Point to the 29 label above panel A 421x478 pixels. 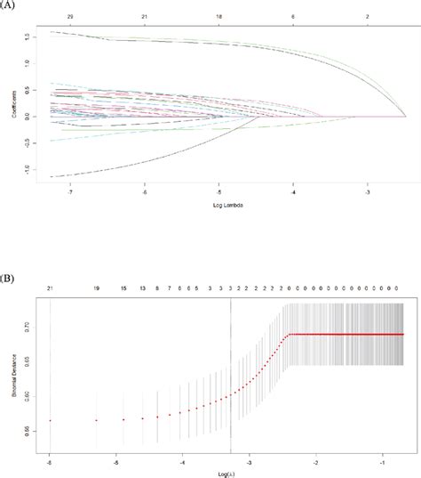pyautogui.click(x=58, y=17)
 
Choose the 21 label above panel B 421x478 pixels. pyautogui.click(x=50, y=290)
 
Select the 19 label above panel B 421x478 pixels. pyautogui.click(x=96, y=290)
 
